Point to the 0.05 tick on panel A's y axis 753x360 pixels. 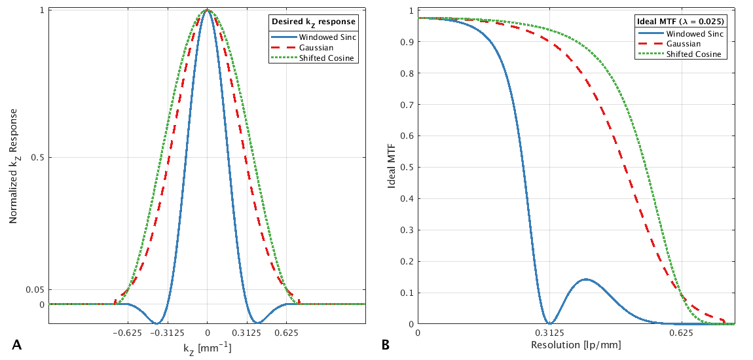pyautogui.click(x=35, y=289)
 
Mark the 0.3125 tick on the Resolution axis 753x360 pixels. pyautogui.click(x=549, y=333)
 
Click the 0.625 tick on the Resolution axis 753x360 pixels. pyautogui.click(x=681, y=333)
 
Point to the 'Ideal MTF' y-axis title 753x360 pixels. pyautogui.click(x=392, y=167)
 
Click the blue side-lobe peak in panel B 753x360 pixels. pyautogui.click(x=585, y=279)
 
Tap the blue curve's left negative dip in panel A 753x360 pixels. pyautogui.click(x=156, y=323)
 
